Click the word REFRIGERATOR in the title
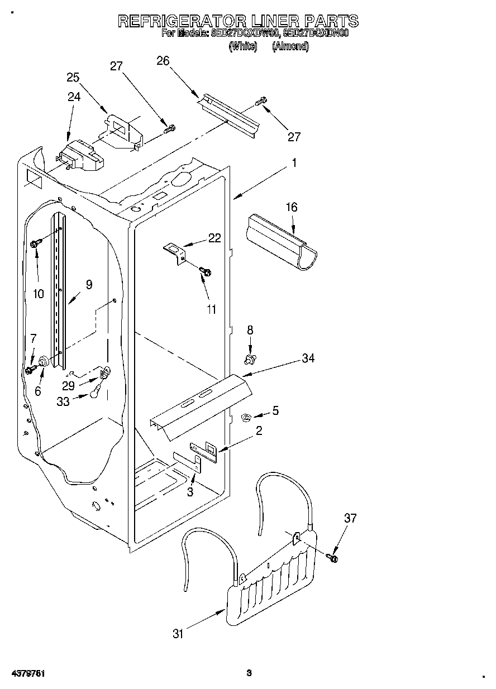click(x=182, y=21)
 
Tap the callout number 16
click(x=292, y=207)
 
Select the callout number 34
click(x=308, y=358)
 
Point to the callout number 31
click(x=178, y=633)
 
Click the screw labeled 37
click(x=334, y=556)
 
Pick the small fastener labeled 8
click(x=250, y=356)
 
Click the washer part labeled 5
click(x=246, y=416)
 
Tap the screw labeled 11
click(x=205, y=271)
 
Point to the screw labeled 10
click(x=35, y=243)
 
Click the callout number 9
click(x=89, y=284)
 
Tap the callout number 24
click(x=74, y=97)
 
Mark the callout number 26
click(x=163, y=61)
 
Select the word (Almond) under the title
click(x=290, y=47)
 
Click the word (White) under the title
click(x=242, y=47)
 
